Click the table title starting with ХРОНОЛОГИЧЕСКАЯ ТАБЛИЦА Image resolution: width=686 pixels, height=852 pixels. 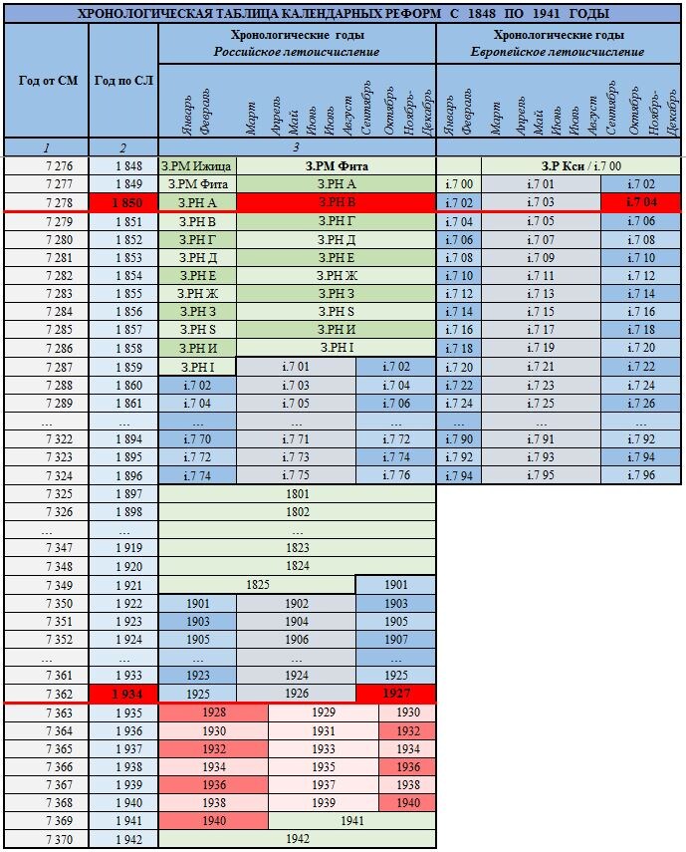pyautogui.click(x=343, y=14)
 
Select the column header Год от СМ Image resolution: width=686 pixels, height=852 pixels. pyautogui.click(x=46, y=80)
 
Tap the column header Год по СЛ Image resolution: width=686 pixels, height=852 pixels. pyautogui.click(x=123, y=80)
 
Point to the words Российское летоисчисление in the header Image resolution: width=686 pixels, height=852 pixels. pyautogui.click(x=297, y=51)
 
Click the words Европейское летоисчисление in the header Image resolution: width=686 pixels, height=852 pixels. pyautogui.click(x=558, y=51)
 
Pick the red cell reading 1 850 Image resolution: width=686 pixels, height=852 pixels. pyautogui.click(x=123, y=202)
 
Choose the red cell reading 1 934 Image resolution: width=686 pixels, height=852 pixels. pyautogui.click(x=123, y=693)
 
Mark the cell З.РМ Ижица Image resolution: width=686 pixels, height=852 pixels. pyautogui.click(x=198, y=165)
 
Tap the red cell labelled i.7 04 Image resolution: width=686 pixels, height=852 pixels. pyautogui.click(x=642, y=202)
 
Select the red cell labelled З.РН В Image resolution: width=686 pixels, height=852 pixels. pyautogui.click(x=336, y=202)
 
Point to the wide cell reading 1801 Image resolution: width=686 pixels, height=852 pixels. pyautogui.click(x=298, y=493)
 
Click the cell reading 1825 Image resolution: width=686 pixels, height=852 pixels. pyautogui.click(x=258, y=584)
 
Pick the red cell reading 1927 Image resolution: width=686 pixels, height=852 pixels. pyautogui.click(x=395, y=693)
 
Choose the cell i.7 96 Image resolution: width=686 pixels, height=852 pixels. pyautogui.click(x=642, y=475)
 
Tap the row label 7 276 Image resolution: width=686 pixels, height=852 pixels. pyautogui.click(x=46, y=165)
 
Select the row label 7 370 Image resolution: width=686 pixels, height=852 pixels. pyautogui.click(x=46, y=840)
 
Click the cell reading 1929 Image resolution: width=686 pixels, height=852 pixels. pyautogui.click(x=324, y=712)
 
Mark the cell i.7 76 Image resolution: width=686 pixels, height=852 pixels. pyautogui.click(x=395, y=475)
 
